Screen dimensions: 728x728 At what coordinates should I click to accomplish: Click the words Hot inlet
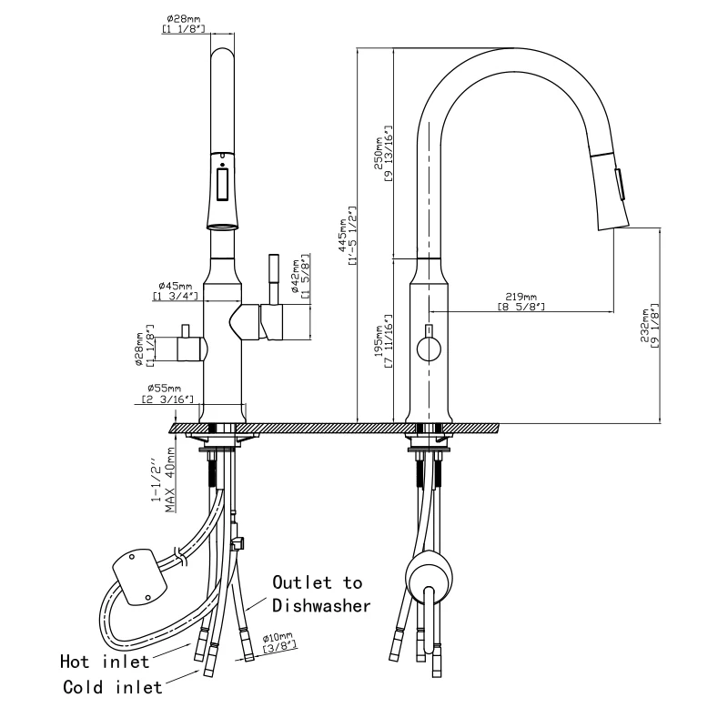[105, 662]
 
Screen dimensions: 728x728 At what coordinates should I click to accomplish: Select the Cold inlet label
[112, 688]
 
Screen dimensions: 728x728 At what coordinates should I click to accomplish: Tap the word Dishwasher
[321, 606]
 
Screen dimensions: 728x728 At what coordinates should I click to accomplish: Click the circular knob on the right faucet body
[427, 347]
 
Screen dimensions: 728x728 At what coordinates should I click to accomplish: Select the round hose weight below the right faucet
[427, 581]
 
